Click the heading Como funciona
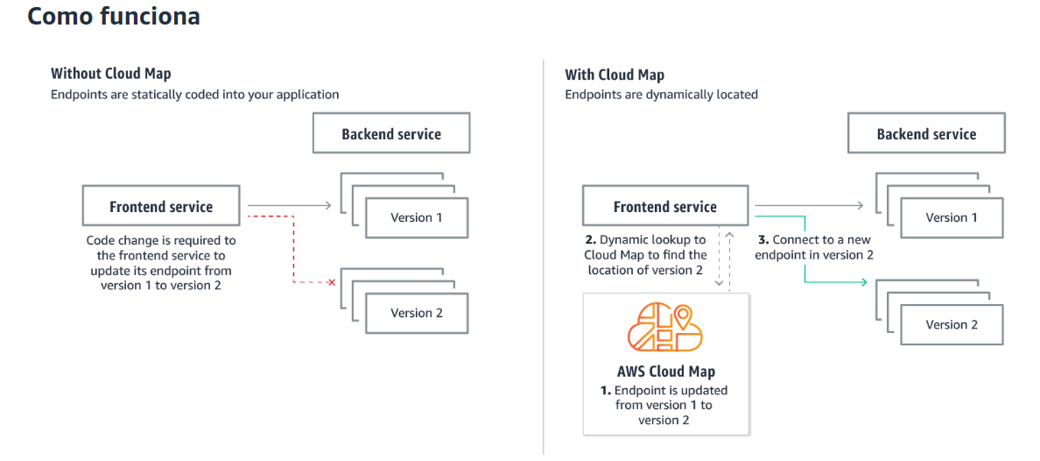(x=114, y=16)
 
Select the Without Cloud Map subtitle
(x=110, y=74)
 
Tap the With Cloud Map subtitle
(x=614, y=74)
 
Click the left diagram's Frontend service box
(x=160, y=207)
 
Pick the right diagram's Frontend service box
(x=664, y=207)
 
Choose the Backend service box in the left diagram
(x=391, y=134)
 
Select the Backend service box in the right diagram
(x=926, y=134)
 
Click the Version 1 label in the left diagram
(x=417, y=217)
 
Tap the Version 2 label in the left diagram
(x=417, y=313)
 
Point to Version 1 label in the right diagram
(x=952, y=217)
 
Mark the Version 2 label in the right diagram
(x=952, y=324)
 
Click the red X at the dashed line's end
(x=331, y=282)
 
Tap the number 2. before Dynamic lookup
(x=590, y=239)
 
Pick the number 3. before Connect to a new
(x=762, y=239)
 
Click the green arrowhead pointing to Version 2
(x=863, y=282)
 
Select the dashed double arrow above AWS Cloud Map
(x=720, y=259)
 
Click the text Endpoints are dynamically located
(x=661, y=94)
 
